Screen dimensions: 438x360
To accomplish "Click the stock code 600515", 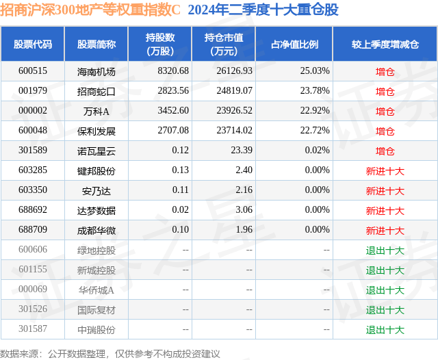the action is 33,71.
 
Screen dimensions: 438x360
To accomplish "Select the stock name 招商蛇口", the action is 96,92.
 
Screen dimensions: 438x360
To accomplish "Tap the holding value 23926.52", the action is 234,111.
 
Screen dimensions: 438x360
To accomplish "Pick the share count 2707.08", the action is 173,131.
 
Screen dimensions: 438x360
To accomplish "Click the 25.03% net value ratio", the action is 315,71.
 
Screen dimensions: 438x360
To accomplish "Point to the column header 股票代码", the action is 33,44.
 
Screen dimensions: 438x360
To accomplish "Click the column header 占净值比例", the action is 294,44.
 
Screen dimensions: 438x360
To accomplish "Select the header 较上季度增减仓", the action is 385,44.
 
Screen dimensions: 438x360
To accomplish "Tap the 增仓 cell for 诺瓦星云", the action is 385,151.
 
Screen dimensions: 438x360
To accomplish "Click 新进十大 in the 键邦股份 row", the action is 385,171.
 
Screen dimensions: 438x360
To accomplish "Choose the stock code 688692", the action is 33,209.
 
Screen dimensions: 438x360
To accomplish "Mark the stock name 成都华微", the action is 96,231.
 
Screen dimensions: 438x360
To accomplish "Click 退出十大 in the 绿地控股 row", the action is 385,250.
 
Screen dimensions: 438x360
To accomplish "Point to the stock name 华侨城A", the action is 96,290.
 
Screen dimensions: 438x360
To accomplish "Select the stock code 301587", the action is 33,329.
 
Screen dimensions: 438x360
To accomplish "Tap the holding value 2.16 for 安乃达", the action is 244,190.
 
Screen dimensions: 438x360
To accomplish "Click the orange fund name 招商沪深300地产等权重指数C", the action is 90,10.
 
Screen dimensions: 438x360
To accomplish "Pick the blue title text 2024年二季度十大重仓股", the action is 263,10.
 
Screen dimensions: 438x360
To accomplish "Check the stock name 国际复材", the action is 96,310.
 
